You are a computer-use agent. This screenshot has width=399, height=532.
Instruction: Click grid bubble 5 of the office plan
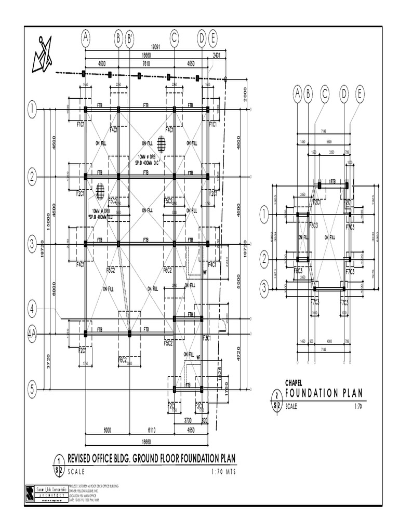(33, 389)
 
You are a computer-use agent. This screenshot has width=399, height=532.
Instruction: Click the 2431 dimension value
(217, 55)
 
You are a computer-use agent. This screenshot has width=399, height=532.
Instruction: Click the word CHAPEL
(294, 383)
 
